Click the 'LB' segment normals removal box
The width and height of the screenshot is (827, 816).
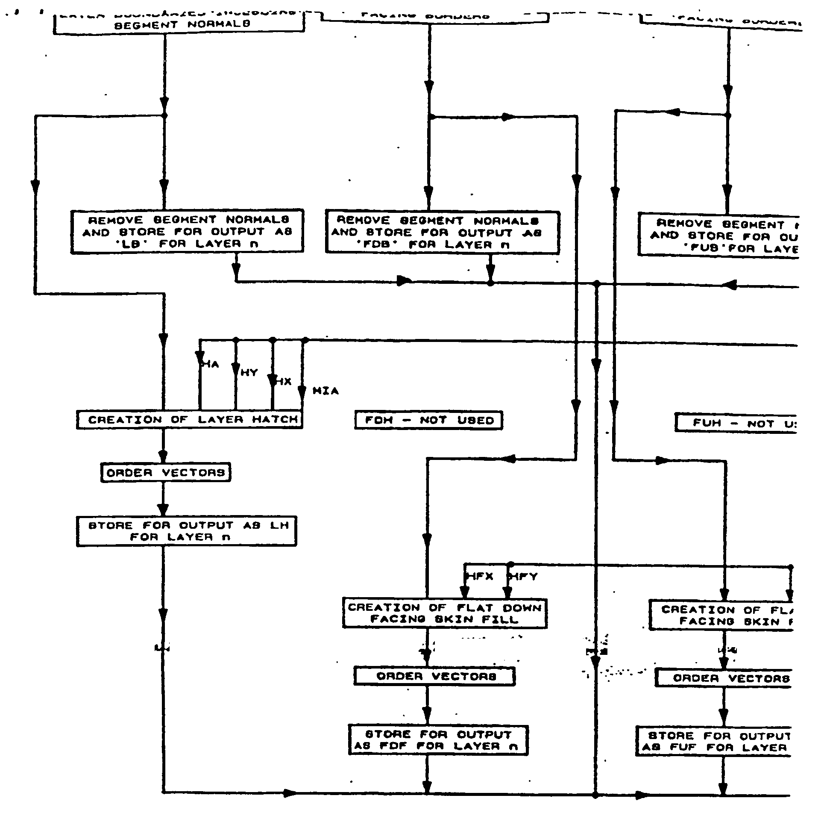coord(187,232)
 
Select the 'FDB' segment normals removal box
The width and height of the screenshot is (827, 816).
coord(442,233)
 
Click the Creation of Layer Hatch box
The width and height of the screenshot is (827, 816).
coord(190,419)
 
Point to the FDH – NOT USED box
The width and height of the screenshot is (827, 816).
coord(428,420)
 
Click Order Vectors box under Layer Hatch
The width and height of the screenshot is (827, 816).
coord(166,472)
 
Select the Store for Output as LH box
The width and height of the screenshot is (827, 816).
coord(187,531)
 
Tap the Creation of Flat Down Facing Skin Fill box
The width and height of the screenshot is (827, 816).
coord(445,613)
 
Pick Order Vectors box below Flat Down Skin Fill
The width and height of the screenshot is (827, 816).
coord(434,676)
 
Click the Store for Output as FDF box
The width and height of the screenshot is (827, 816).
coord(438,740)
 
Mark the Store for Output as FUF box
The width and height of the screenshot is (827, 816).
coord(714,742)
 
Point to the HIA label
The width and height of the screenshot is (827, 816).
coord(326,391)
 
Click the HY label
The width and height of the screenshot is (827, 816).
coord(249,372)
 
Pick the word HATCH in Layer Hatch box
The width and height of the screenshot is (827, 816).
coord(275,419)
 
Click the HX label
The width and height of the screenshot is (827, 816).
coord(283,381)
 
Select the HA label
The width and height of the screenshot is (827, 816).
coord(211,365)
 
